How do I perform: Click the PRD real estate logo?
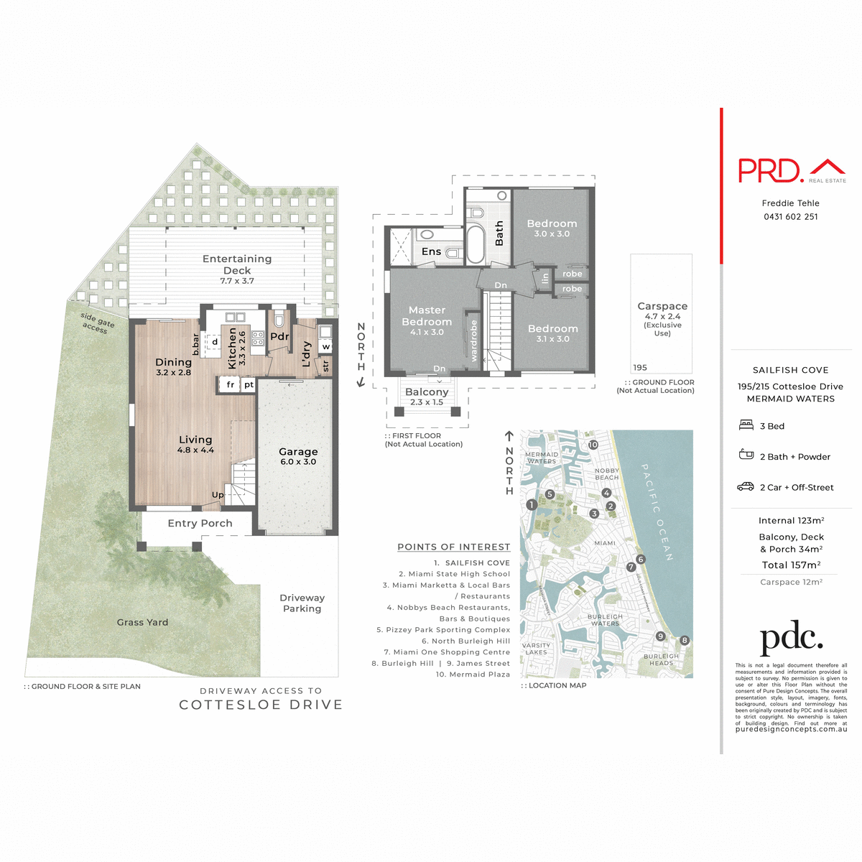(x=792, y=170)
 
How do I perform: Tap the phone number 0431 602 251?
(x=790, y=217)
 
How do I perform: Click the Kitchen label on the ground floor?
(x=232, y=348)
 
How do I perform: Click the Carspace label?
(x=662, y=307)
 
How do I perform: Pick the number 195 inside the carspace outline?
(x=640, y=368)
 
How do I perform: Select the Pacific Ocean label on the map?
(x=657, y=511)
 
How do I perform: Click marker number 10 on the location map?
(x=593, y=445)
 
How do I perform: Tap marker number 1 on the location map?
(x=532, y=505)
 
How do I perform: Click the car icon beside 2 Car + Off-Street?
(x=746, y=487)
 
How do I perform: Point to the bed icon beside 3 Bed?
(x=746, y=425)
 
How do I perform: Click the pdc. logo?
(x=791, y=639)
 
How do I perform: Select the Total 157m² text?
(x=791, y=565)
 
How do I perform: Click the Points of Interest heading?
(x=453, y=547)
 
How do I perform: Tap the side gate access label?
(x=96, y=323)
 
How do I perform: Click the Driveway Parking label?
(x=302, y=603)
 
